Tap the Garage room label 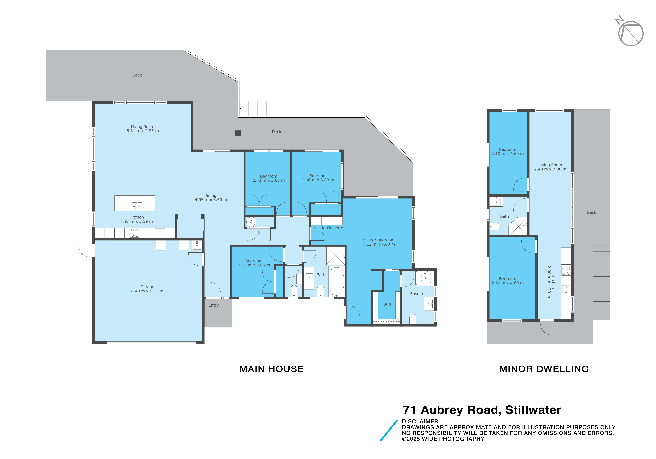(x=147, y=287)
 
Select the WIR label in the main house (x=387, y=305)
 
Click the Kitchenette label (x=332, y=228)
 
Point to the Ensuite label (x=417, y=294)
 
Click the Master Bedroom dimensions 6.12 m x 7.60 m (x=379, y=244)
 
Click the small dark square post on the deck (x=238, y=133)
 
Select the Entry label (x=213, y=305)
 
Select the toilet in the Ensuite (x=413, y=319)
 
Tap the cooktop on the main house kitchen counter (x=135, y=233)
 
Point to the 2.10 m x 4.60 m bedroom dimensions (x=508, y=154)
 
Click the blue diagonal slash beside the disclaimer (x=389, y=430)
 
